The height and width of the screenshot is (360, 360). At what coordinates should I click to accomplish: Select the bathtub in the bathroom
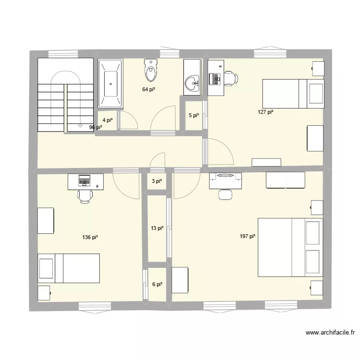click(x=111, y=84)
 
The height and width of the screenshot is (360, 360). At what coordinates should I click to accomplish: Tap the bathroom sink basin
click(x=194, y=83)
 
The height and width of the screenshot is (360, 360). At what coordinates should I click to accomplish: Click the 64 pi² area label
click(x=148, y=89)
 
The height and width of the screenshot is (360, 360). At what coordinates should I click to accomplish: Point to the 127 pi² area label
click(x=265, y=112)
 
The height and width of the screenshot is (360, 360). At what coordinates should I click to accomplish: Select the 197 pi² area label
click(x=247, y=236)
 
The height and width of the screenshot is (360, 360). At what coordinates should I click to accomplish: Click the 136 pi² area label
click(x=90, y=237)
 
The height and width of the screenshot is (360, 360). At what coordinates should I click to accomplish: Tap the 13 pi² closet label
click(x=157, y=228)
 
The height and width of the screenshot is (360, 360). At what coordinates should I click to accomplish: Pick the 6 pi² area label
click(x=157, y=284)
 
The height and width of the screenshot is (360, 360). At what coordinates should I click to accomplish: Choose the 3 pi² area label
click(x=157, y=181)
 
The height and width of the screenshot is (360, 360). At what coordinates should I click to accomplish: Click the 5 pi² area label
click(x=193, y=115)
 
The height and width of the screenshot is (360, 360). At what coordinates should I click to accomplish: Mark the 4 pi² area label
click(x=107, y=120)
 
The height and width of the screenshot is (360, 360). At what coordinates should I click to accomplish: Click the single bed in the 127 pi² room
click(x=293, y=94)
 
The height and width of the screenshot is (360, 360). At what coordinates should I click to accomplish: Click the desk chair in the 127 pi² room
click(x=230, y=77)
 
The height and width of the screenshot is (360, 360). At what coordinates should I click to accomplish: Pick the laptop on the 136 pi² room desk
click(x=84, y=181)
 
